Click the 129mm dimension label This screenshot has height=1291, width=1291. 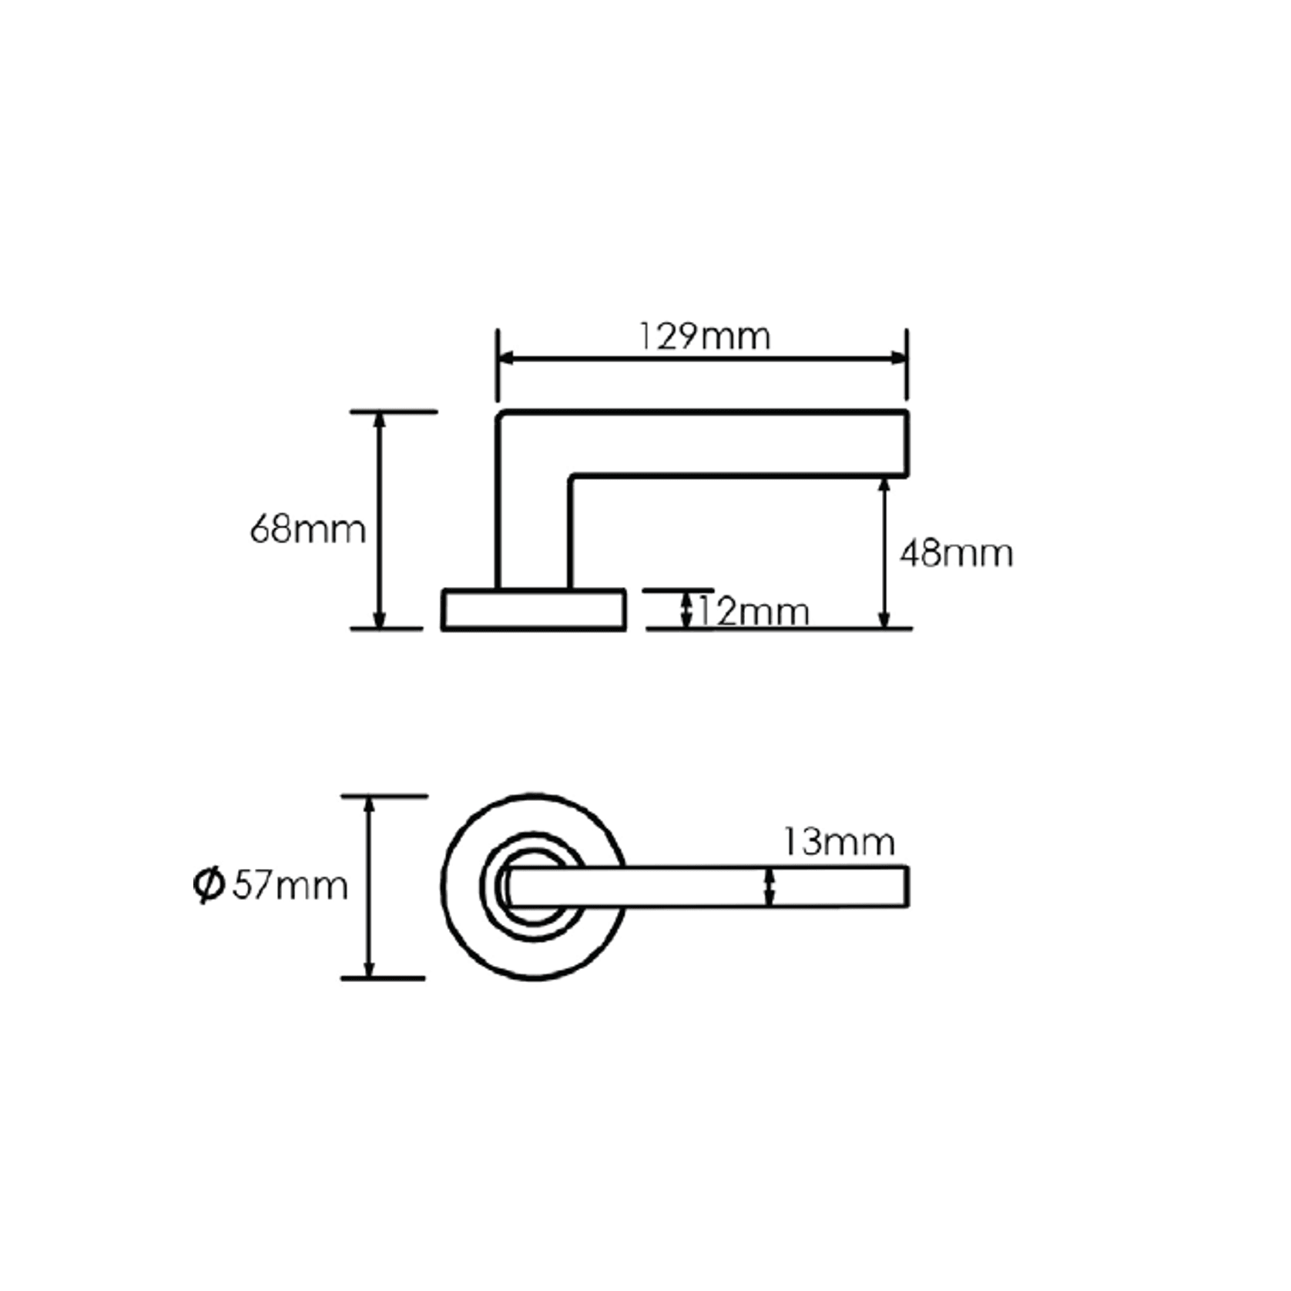(x=704, y=337)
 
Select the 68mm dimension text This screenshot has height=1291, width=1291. (x=307, y=530)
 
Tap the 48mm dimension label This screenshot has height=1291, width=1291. (x=956, y=554)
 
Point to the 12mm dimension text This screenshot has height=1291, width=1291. (x=753, y=612)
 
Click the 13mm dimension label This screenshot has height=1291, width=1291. (x=839, y=842)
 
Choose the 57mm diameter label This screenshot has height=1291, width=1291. (x=290, y=886)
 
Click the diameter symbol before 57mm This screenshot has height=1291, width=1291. (x=209, y=886)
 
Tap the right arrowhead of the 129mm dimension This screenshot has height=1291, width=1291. (x=899, y=358)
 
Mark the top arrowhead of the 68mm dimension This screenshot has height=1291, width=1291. (x=378, y=420)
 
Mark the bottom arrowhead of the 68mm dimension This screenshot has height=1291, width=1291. (x=378, y=621)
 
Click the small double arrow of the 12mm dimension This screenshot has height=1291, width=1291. (x=686, y=609)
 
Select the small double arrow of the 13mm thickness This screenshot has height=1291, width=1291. (x=769, y=887)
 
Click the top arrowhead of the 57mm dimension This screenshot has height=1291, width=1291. (x=369, y=804)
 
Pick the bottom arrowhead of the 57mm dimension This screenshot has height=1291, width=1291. (x=369, y=971)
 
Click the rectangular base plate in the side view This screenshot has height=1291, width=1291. (x=533, y=610)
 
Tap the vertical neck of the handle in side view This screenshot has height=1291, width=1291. (x=533, y=531)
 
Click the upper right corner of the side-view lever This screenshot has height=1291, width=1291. (x=906, y=414)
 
